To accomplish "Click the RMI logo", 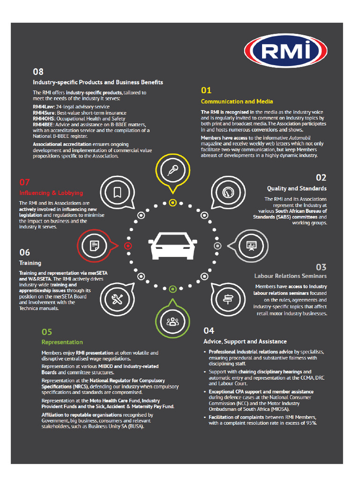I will (x=285, y=52).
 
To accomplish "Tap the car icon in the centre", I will (x=172, y=245).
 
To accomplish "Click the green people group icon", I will (x=172, y=321).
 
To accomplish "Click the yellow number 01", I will (x=206, y=90).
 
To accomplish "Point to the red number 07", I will (x=24, y=182).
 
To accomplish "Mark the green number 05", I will (x=47, y=331).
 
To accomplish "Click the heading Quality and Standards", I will (x=297, y=188).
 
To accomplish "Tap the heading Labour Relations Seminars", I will (x=291, y=276).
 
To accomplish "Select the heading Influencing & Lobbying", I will (x=51, y=193).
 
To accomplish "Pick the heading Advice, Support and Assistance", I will (x=245, y=341).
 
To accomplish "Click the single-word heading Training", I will (x=30, y=263).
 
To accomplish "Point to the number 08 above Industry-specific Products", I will (x=38, y=72).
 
